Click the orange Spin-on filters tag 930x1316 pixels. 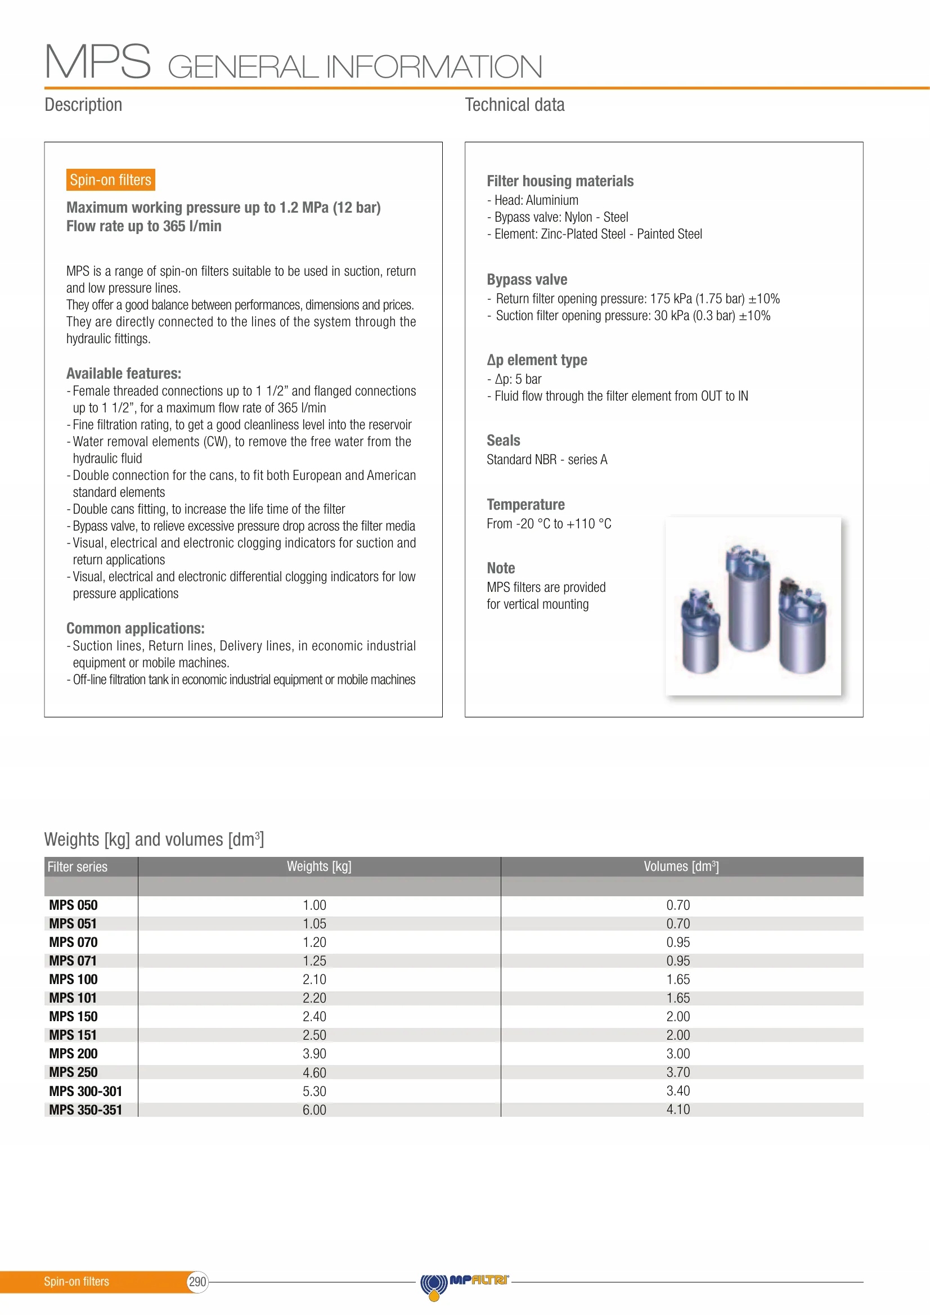click(111, 180)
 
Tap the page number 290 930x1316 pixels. click(197, 1282)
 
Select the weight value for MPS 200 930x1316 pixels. click(314, 1053)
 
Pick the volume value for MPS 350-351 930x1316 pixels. click(678, 1109)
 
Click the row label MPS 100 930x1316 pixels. click(73, 979)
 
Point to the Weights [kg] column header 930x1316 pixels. click(319, 866)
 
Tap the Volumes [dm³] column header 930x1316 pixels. click(681, 866)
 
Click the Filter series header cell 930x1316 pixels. click(77, 866)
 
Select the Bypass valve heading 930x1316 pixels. click(527, 280)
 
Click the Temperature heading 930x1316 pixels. click(525, 504)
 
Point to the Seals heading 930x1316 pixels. click(503, 440)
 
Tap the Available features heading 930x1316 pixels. click(124, 374)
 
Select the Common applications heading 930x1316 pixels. click(135, 628)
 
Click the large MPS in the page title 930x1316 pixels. click(98, 62)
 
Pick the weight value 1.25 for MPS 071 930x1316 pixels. click(314, 960)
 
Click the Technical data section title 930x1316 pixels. click(515, 105)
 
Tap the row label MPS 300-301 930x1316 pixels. click(86, 1091)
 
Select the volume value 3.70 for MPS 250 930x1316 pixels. click(678, 1072)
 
